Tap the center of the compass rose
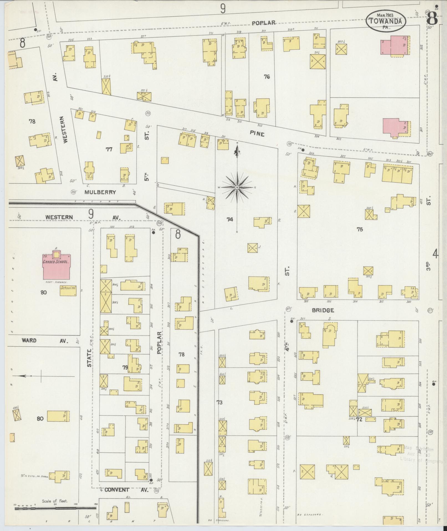coord(237,188)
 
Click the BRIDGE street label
coord(323,310)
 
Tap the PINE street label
coord(257,134)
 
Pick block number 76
coord(267,77)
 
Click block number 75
coord(360,229)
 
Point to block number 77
coord(109,149)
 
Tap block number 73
coord(219,402)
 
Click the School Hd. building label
coord(68,288)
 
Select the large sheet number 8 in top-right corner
coord(432,19)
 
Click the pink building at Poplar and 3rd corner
coord(395,45)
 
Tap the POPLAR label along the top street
coord(264,23)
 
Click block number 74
coord(229,220)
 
